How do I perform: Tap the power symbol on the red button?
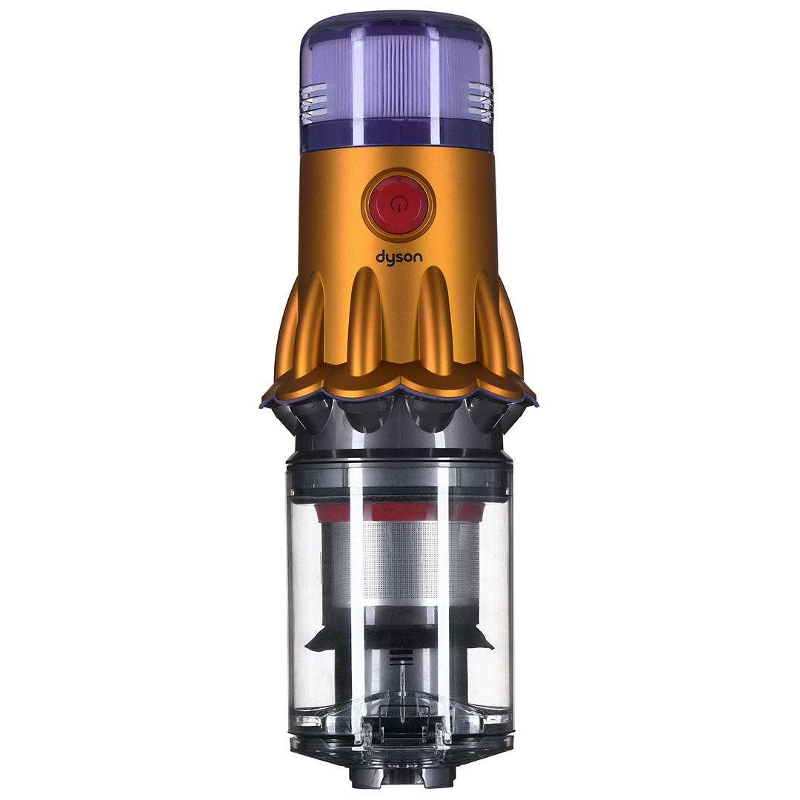pyautogui.click(x=399, y=205)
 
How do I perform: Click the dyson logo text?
pyautogui.click(x=399, y=257)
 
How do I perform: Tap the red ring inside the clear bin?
pyautogui.click(x=399, y=510)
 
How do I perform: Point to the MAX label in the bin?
pyautogui.click(x=399, y=636)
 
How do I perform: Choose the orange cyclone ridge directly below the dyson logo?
pyautogui.click(x=368, y=326)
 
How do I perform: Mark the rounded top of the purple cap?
pyautogui.click(x=399, y=30)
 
